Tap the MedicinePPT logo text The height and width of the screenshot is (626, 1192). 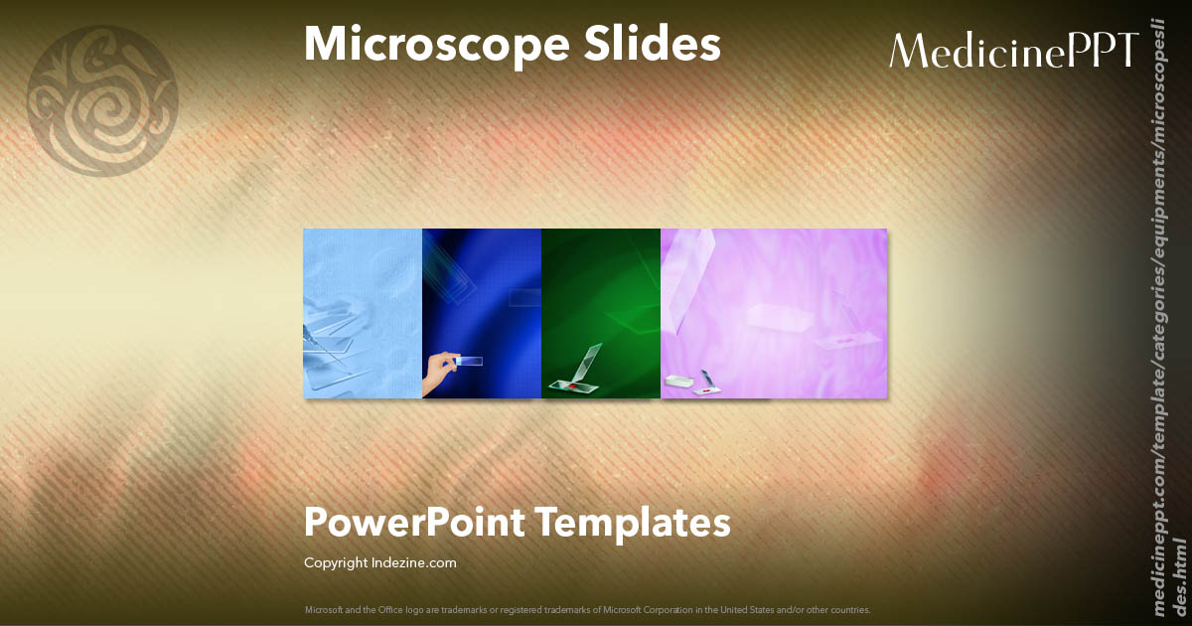tap(1012, 51)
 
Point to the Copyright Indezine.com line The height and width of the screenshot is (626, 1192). tap(379, 563)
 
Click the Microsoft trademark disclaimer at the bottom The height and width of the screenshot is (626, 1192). tap(587, 609)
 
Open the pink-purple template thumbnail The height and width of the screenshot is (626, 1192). tap(774, 313)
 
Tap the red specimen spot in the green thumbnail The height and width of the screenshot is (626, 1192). tap(573, 383)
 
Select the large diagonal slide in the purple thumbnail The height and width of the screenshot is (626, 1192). tap(691, 278)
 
